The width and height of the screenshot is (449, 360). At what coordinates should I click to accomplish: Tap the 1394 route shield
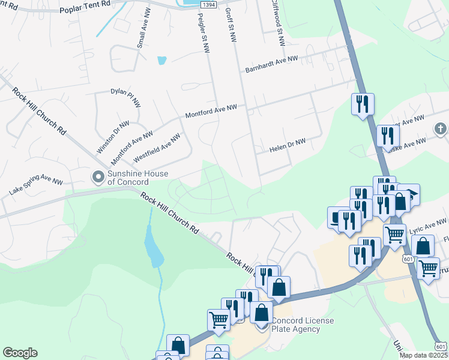click(208, 4)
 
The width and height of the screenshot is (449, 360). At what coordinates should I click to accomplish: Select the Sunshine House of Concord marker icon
click(97, 176)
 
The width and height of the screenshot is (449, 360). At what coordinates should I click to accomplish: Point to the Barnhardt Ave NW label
click(272, 65)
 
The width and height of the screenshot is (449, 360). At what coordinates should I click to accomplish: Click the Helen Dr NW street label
click(288, 145)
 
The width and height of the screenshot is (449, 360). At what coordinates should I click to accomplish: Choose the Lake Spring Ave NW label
click(35, 186)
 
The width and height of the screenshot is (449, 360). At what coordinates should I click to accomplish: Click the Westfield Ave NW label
click(157, 148)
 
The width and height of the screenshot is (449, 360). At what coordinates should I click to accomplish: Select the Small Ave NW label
click(143, 33)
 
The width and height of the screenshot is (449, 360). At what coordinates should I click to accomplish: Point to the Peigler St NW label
click(202, 34)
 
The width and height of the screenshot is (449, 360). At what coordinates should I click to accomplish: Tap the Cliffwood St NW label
click(277, 24)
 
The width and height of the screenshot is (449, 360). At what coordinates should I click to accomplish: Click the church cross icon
click(440, 128)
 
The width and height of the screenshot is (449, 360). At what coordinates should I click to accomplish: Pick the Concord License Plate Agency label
click(303, 325)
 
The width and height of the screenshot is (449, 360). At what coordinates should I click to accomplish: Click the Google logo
click(20, 353)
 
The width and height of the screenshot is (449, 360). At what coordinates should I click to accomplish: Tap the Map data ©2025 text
click(423, 355)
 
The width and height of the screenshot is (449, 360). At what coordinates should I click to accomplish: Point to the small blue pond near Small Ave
click(161, 60)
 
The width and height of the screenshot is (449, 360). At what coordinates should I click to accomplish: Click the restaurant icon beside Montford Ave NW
click(363, 103)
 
